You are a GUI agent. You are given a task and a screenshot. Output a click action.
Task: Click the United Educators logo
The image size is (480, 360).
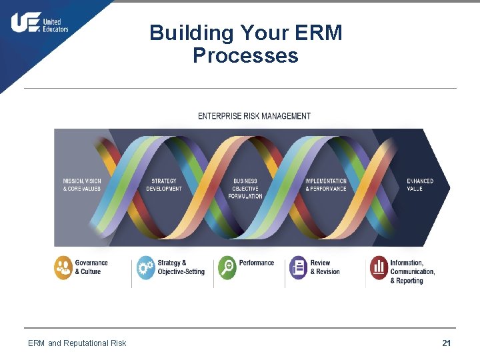click(39, 23)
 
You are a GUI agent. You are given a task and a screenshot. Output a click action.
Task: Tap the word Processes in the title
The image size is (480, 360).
click(245, 55)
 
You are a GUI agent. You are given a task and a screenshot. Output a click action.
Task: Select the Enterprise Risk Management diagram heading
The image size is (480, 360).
click(254, 116)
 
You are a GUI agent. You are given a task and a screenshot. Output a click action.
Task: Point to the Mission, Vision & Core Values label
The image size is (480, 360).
click(82, 185)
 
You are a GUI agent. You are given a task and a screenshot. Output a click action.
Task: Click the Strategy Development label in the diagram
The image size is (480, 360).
click(164, 185)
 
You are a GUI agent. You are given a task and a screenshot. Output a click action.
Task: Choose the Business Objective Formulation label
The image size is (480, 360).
click(245, 189)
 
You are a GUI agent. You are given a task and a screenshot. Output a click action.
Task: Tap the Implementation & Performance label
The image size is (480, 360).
click(326, 185)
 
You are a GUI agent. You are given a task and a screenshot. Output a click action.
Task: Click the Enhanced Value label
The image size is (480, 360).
click(420, 185)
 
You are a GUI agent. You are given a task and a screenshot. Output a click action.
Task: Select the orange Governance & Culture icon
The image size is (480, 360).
click(63, 268)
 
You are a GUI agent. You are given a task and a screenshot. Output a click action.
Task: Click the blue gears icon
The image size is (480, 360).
click(145, 268)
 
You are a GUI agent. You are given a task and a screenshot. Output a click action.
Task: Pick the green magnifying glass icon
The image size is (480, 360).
click(227, 268)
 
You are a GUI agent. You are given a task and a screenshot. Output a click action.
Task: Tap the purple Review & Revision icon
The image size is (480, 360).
click(298, 268)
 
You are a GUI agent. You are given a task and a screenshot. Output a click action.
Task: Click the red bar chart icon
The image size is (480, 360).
click(379, 268)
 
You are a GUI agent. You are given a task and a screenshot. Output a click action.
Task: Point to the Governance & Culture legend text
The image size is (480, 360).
click(91, 267)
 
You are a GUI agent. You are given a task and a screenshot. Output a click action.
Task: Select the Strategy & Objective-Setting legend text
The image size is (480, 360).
click(181, 267)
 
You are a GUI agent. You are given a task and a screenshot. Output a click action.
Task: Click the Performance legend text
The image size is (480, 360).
click(257, 263)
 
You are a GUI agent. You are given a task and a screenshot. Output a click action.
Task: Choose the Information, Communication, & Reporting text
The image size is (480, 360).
click(413, 272)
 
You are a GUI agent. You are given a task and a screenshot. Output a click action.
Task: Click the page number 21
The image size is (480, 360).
click(446, 343)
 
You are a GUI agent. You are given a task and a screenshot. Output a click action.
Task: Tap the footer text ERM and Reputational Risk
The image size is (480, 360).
click(77, 343)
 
